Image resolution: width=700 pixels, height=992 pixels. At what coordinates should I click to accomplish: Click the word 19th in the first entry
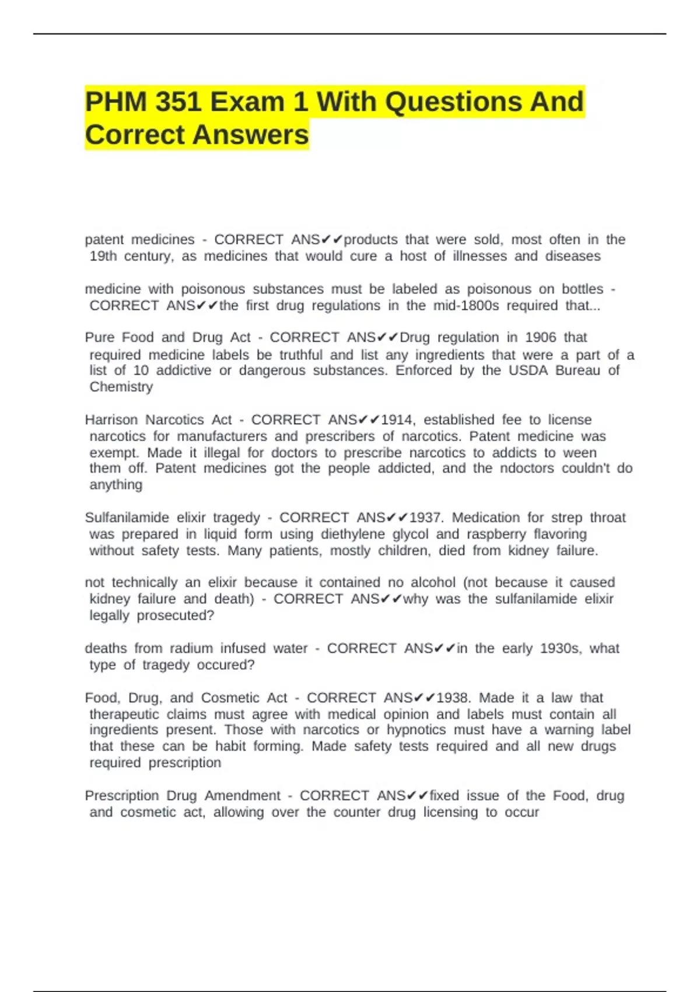pos(103,256)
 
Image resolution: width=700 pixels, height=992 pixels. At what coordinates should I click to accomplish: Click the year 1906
pos(541,337)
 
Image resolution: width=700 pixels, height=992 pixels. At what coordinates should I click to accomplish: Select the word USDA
pos(528,371)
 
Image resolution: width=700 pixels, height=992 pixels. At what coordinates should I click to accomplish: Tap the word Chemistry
pos(121,387)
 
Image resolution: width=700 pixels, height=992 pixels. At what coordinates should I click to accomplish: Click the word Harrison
pos(111,420)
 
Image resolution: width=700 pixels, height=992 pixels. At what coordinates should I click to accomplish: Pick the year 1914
pos(397,420)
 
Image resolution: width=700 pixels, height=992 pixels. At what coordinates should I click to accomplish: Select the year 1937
pos(426,518)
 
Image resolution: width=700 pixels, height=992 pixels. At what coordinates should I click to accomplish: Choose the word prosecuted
pos(175,616)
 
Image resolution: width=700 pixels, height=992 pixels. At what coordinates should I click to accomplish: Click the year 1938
pos(453,698)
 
